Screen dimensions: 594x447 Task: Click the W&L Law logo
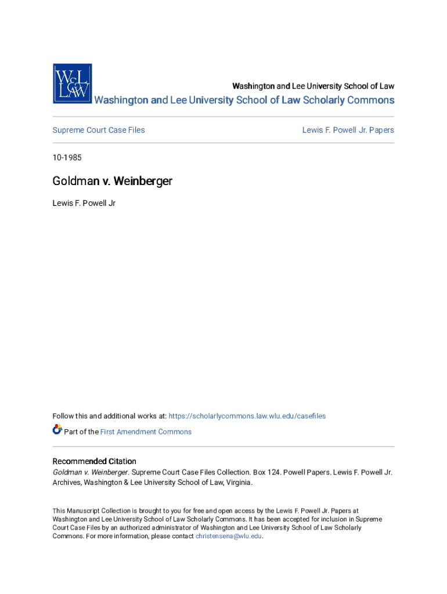coord(72,84)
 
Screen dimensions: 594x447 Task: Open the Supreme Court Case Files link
coord(99,130)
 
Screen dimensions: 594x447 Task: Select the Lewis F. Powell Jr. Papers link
coord(348,130)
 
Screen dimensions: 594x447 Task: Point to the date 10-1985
coord(68,157)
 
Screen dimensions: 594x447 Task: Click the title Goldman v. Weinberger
coord(112,182)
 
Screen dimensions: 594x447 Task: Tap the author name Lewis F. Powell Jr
coord(84,204)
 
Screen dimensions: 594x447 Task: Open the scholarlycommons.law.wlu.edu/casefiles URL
coord(247,416)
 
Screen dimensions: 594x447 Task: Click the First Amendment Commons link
coord(146,432)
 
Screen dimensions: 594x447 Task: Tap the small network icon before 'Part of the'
coord(57,430)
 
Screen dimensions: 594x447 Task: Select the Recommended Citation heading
coord(95,461)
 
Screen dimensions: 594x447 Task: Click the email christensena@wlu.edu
coord(229,537)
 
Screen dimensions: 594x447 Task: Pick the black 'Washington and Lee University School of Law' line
coord(313,86)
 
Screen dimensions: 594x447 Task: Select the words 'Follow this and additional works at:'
coord(110,416)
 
